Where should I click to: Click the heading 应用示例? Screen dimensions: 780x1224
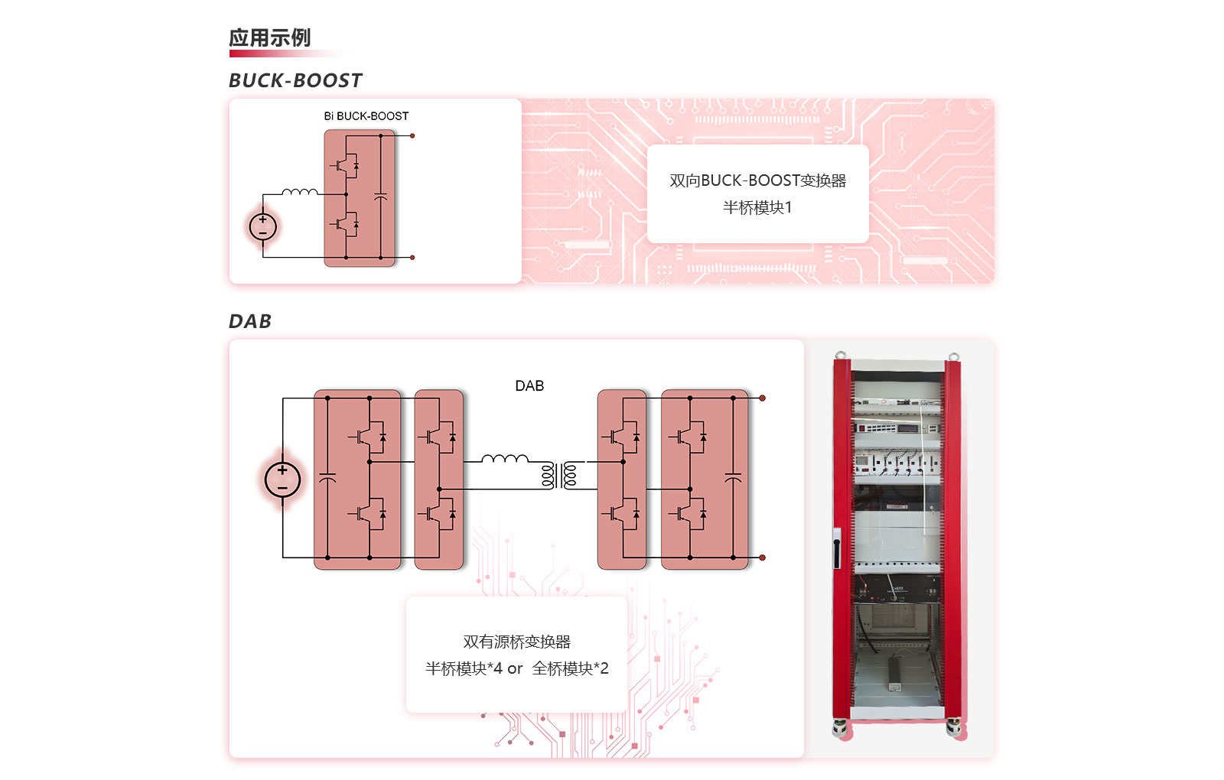(269, 38)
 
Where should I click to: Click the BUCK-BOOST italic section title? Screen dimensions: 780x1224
(295, 80)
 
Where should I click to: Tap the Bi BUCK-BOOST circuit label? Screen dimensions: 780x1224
(366, 116)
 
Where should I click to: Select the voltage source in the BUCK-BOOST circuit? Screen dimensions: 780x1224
(263, 226)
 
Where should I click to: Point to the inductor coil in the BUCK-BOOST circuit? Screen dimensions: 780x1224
(299, 191)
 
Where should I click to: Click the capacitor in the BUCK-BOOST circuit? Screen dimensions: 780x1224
(381, 197)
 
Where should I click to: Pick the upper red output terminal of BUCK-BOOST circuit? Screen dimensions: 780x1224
(412, 136)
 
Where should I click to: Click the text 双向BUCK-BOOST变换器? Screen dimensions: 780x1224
(757, 181)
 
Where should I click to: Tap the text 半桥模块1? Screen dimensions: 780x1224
(757, 208)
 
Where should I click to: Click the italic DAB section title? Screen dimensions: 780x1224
(250, 321)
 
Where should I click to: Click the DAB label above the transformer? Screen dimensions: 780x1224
(529, 386)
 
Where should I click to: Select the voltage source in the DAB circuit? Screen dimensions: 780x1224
(282, 479)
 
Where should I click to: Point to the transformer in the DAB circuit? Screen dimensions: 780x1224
(559, 475)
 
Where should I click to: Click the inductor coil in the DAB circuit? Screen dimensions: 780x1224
(505, 459)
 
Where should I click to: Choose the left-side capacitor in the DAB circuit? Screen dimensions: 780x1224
(327, 478)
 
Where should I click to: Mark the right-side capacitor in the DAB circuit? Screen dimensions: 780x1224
(733, 478)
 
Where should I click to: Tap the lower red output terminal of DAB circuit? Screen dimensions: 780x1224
(762, 557)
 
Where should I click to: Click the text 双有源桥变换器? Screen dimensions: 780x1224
(517, 642)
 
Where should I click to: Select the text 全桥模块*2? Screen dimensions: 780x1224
(571, 669)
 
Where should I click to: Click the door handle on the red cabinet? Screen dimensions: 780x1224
(838, 548)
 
